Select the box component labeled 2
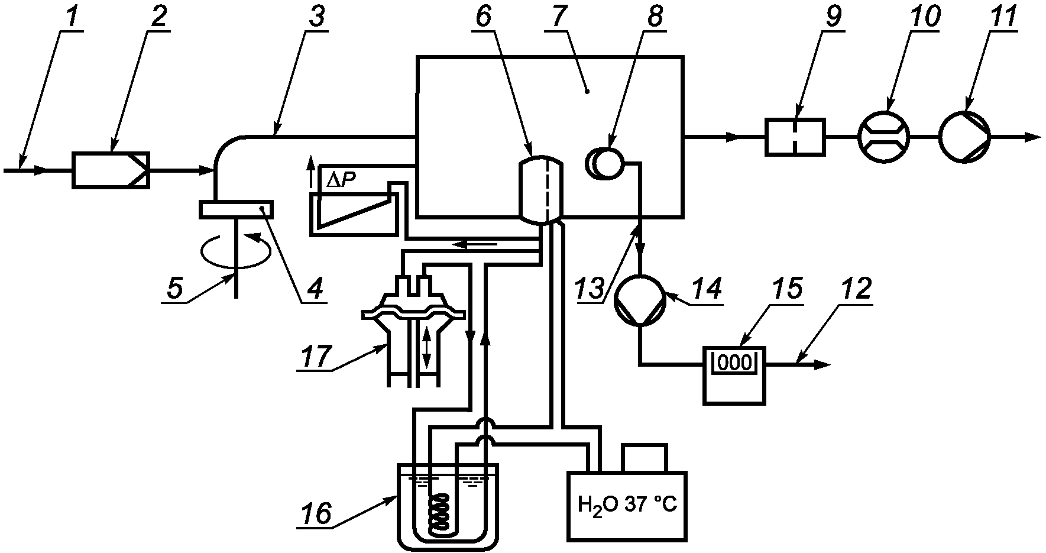111,170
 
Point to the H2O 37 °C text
627,507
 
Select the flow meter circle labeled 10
884,137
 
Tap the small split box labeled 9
795,137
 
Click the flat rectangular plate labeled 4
237,209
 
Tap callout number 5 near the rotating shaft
176,289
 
